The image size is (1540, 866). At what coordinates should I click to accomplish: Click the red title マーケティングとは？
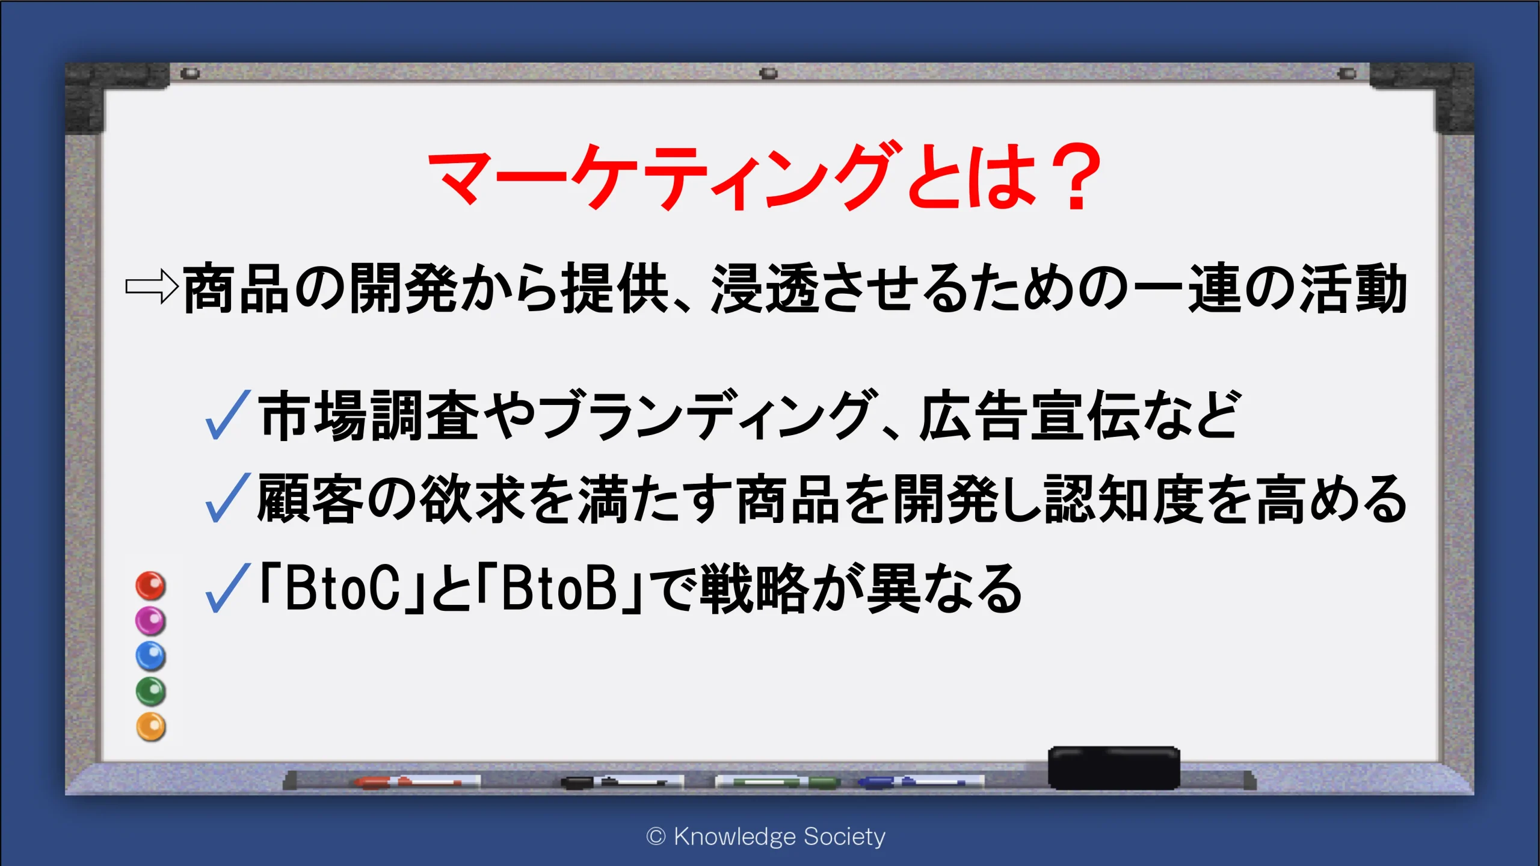pyautogui.click(x=764, y=176)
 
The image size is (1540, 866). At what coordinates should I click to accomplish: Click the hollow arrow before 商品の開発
pyautogui.click(x=152, y=287)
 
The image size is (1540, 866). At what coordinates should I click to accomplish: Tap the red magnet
pyautogui.click(x=150, y=586)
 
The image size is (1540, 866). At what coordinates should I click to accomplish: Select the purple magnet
pyautogui.click(x=150, y=620)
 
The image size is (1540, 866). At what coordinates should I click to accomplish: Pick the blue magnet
pyautogui.click(x=150, y=656)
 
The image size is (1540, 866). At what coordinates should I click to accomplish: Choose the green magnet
pyautogui.click(x=150, y=691)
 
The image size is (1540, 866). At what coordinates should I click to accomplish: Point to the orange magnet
pyautogui.click(x=150, y=726)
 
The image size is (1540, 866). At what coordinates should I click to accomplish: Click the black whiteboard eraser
pyautogui.click(x=1114, y=767)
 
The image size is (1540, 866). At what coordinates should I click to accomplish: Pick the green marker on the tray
pyautogui.click(x=777, y=782)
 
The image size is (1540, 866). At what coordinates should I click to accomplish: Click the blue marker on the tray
pyautogui.click(x=920, y=782)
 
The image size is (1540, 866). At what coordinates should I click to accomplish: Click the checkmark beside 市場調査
pyautogui.click(x=227, y=415)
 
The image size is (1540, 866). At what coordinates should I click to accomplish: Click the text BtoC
pyautogui.click(x=342, y=589)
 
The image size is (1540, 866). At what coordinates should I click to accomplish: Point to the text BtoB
pyautogui.click(x=559, y=589)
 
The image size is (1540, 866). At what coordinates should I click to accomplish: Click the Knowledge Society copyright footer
pyautogui.click(x=765, y=837)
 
